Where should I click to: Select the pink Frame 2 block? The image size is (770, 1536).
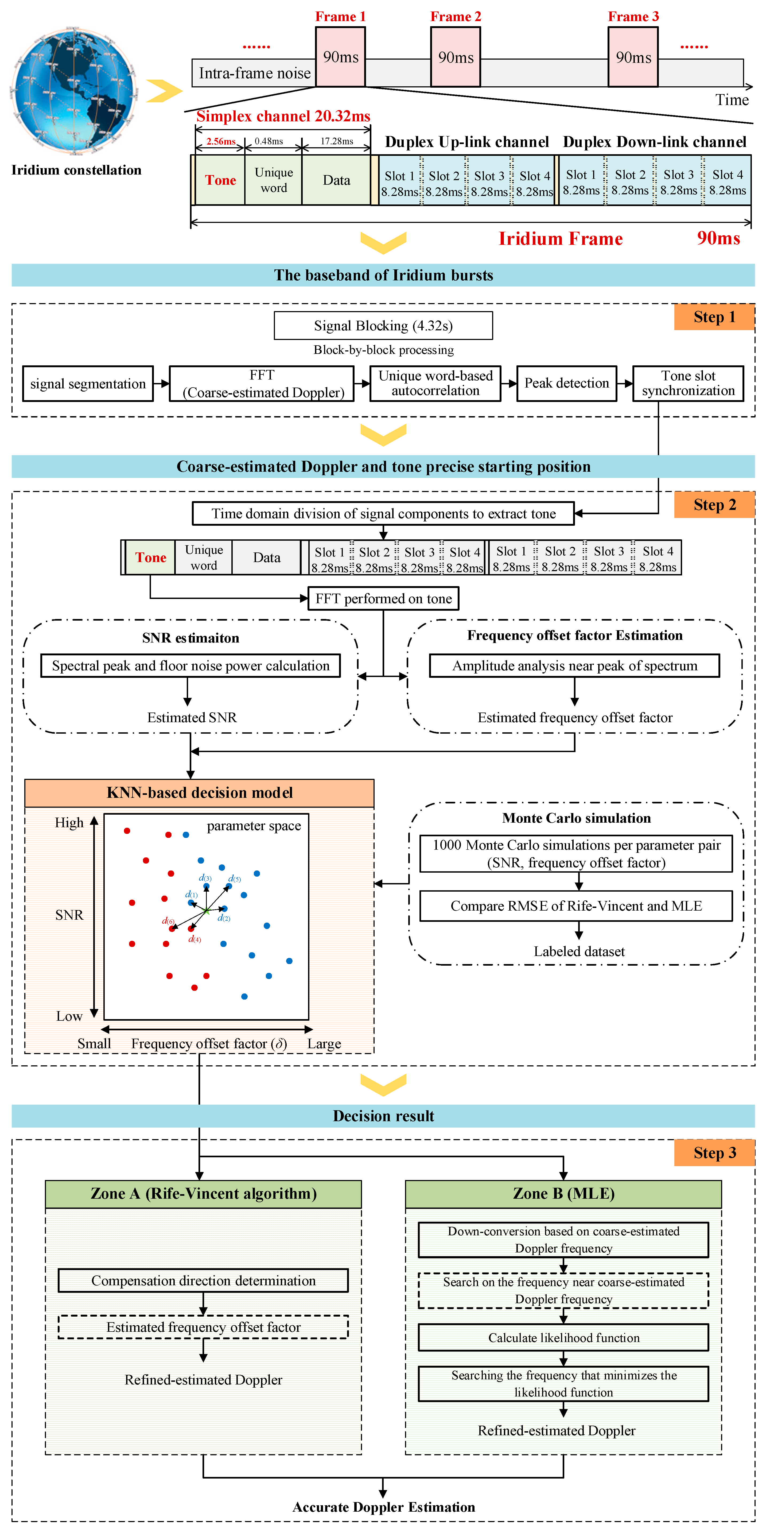pyautogui.click(x=455, y=57)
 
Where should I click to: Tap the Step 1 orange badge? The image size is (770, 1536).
pyautogui.click(x=714, y=317)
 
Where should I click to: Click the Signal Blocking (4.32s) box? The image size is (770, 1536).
pyautogui.click(x=383, y=326)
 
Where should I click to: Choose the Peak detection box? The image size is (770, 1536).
pyautogui.click(x=566, y=384)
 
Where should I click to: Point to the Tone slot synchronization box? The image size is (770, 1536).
pyautogui.click(x=688, y=384)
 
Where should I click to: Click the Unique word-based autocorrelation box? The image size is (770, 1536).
pyautogui.click(x=435, y=384)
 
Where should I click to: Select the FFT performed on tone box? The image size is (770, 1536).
pyautogui.click(x=383, y=599)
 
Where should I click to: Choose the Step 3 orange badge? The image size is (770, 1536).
pyautogui.click(x=714, y=1152)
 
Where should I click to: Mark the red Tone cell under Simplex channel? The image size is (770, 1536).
pyautogui.click(x=220, y=180)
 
